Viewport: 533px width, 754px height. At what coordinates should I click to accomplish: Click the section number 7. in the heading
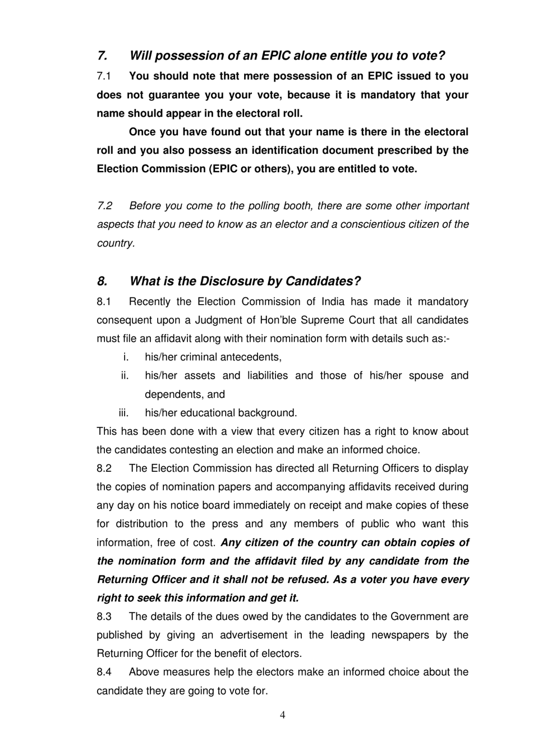(102, 56)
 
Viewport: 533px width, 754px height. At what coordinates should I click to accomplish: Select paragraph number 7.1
(104, 76)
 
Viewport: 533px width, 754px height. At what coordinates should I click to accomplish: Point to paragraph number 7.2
(105, 206)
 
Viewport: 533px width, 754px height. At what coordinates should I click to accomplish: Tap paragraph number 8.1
(104, 302)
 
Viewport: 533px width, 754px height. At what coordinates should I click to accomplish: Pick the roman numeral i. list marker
(126, 357)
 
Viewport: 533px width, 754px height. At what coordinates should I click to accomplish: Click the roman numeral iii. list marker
(123, 413)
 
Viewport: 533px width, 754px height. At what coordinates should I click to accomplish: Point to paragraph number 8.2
(104, 468)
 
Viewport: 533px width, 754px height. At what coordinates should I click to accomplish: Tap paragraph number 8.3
(104, 617)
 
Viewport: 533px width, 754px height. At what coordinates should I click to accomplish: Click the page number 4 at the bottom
(282, 715)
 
